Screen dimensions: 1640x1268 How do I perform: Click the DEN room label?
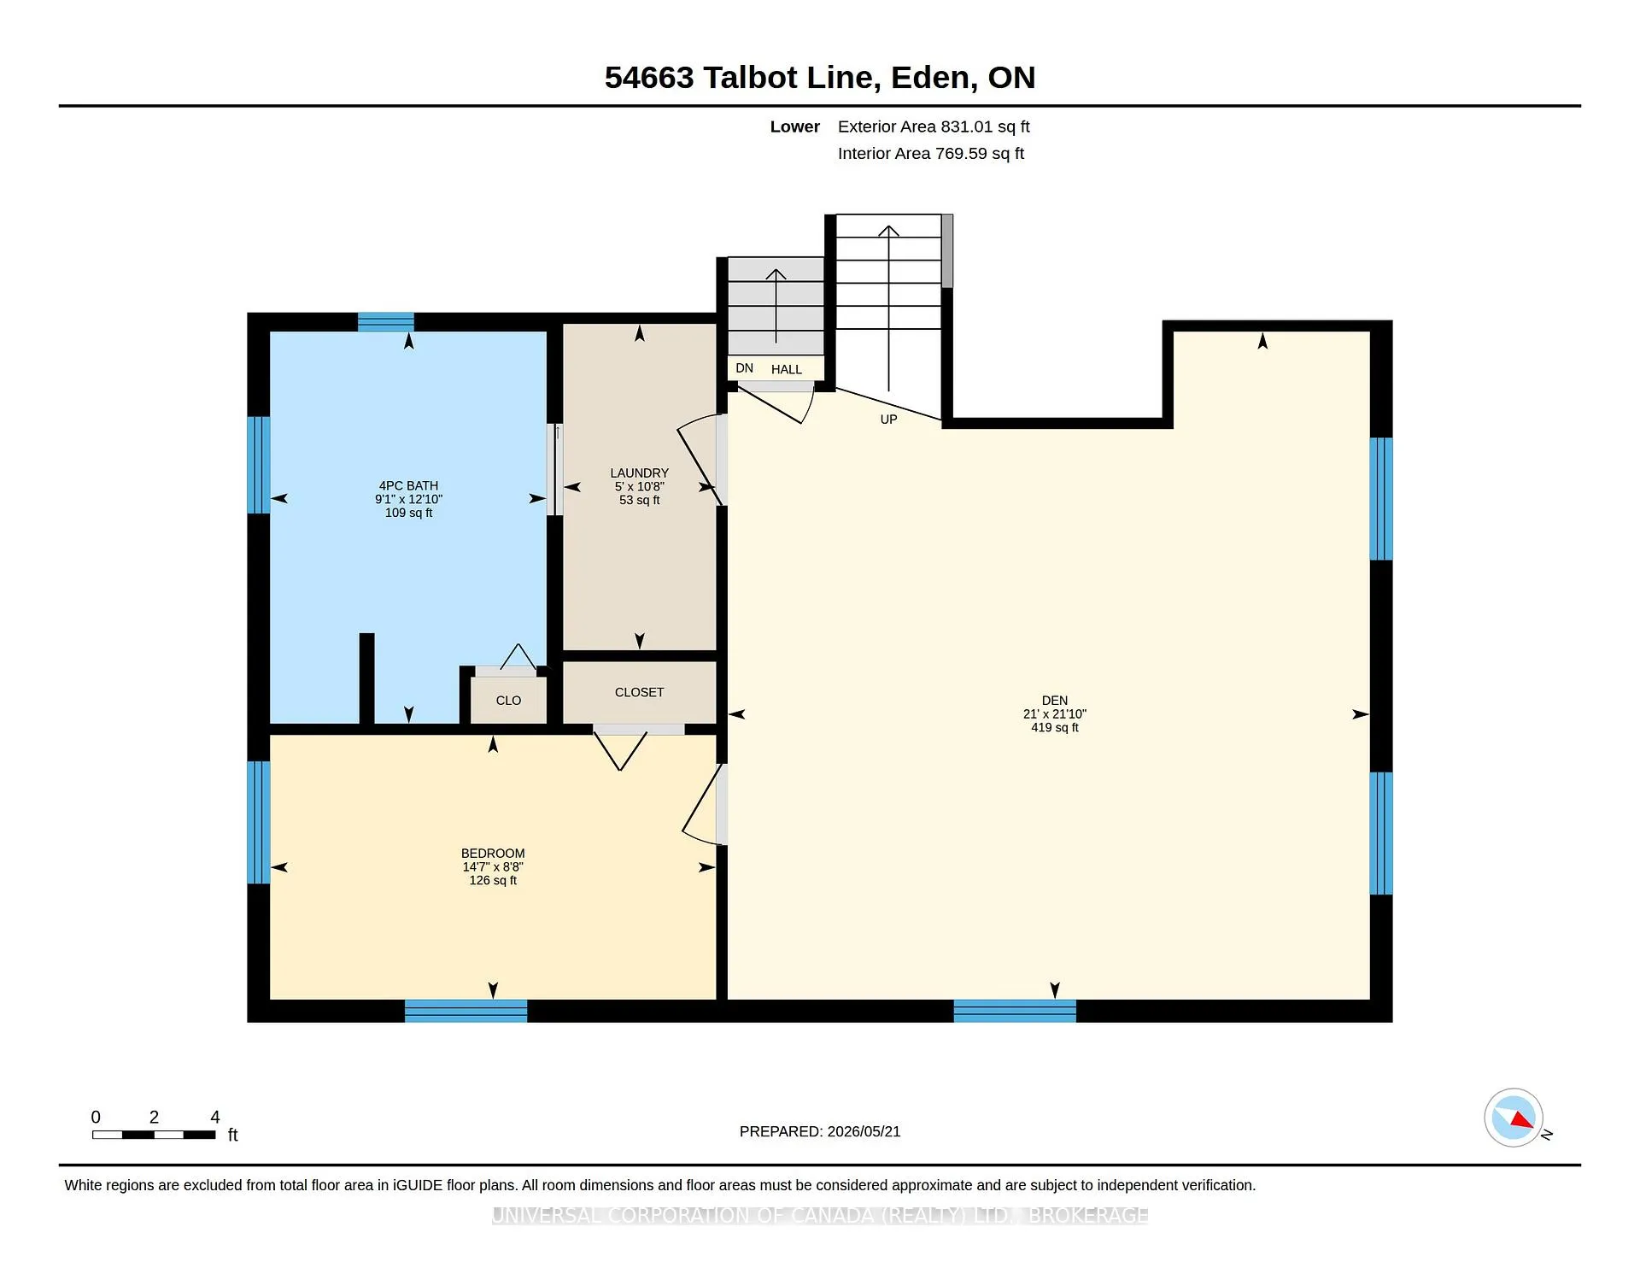pyautogui.click(x=1054, y=700)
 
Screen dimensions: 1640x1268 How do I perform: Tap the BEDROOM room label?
pyautogui.click(x=493, y=853)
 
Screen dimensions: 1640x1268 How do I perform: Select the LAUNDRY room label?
pyautogui.click(x=639, y=473)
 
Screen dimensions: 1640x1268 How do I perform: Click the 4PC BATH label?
pyautogui.click(x=408, y=485)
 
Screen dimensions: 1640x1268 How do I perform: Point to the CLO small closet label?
pyautogui.click(x=508, y=700)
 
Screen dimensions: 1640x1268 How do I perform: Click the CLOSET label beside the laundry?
pyautogui.click(x=639, y=692)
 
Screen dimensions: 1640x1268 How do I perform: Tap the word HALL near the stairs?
pyautogui.click(x=787, y=369)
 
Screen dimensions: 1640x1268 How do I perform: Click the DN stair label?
pyautogui.click(x=745, y=368)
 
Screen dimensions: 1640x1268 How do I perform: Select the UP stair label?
pyautogui.click(x=888, y=420)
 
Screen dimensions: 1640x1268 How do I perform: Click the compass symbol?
pyautogui.click(x=1514, y=1118)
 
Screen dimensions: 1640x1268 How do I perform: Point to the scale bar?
pyautogui.click(x=154, y=1135)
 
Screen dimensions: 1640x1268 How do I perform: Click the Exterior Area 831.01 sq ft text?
pyautogui.click(x=934, y=126)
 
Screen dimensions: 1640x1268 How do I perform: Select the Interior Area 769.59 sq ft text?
pyautogui.click(x=930, y=153)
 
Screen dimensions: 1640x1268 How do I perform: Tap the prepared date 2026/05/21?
pyautogui.click(x=864, y=1131)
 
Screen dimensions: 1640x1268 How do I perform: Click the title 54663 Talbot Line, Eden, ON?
pyautogui.click(x=820, y=77)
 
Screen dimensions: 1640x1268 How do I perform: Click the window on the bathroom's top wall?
pyautogui.click(x=385, y=322)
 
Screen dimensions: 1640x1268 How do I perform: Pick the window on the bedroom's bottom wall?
pyautogui.click(x=466, y=1011)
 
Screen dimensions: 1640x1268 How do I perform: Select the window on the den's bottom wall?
pyautogui.click(x=1015, y=1011)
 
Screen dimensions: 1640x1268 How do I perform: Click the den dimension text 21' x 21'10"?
pyautogui.click(x=1054, y=713)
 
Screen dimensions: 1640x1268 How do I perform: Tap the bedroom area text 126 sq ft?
pyautogui.click(x=493, y=880)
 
